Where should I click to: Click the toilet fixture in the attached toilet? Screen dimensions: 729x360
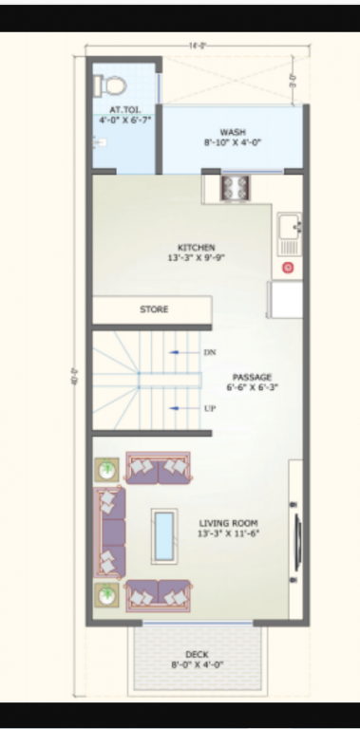pyautogui.click(x=110, y=85)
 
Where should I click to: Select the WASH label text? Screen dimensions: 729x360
pyautogui.click(x=233, y=132)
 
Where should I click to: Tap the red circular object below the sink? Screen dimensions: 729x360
pyautogui.click(x=288, y=269)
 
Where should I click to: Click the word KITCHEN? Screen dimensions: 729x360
pyautogui.click(x=197, y=248)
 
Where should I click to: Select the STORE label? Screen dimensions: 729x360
pyautogui.click(x=154, y=309)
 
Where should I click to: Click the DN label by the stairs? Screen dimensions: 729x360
pyautogui.click(x=210, y=352)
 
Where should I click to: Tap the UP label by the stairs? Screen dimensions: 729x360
pyautogui.click(x=210, y=408)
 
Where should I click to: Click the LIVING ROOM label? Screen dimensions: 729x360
pyautogui.click(x=228, y=523)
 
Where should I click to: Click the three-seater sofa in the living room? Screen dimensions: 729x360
pyautogui.click(x=110, y=531)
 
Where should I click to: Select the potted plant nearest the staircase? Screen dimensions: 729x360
pyautogui.click(x=107, y=471)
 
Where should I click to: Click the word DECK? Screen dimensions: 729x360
pyautogui.click(x=197, y=654)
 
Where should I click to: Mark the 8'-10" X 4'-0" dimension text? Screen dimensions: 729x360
pyautogui.click(x=233, y=142)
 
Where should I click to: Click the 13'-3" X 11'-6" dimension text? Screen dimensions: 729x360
pyautogui.click(x=228, y=533)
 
